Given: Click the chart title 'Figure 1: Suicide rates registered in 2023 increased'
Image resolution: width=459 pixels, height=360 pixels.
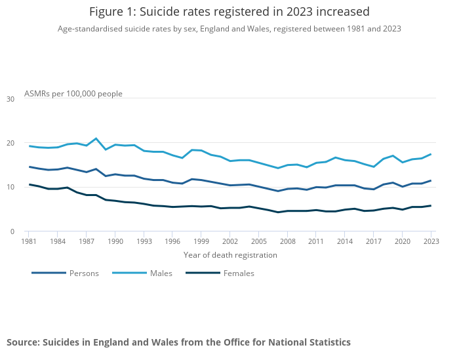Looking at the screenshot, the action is [x=229, y=12].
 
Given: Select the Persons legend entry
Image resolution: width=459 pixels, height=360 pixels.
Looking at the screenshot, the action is [x=66, y=273].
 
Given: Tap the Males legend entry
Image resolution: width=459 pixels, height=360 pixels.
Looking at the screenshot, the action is [x=142, y=273].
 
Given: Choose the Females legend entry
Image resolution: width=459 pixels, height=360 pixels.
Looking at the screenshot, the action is [x=220, y=273].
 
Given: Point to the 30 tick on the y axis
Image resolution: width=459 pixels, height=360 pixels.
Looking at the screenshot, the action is [x=10, y=99].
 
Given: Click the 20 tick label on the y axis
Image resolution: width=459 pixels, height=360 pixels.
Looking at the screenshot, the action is [x=10, y=143].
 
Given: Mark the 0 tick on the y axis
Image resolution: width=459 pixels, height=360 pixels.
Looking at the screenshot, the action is [x=12, y=231].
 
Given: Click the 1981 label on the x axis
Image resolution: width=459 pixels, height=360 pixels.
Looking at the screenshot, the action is [x=29, y=241].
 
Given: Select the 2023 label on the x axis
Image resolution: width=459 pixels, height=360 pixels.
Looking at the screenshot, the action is [x=431, y=241].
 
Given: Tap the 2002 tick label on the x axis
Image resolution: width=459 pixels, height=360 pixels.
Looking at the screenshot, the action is [x=229, y=241].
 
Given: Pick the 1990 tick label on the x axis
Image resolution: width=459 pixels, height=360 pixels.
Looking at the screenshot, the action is [x=115, y=241].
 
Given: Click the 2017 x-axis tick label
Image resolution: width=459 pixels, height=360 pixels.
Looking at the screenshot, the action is [x=374, y=241].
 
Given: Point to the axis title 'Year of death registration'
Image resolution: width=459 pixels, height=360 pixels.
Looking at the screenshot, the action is [x=230, y=255].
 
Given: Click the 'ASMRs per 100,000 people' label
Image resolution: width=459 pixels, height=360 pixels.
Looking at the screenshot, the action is [x=73, y=94].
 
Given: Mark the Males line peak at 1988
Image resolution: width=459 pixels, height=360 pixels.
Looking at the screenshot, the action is [x=96, y=138].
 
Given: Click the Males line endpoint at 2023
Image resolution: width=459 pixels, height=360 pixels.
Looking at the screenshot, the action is [x=431, y=154].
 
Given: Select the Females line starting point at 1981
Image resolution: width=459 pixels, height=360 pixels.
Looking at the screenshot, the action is [x=29, y=184].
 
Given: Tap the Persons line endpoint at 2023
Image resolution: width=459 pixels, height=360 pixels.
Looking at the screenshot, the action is [x=431, y=180].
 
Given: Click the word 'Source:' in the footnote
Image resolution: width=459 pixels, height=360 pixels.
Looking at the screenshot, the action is [x=24, y=342].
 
